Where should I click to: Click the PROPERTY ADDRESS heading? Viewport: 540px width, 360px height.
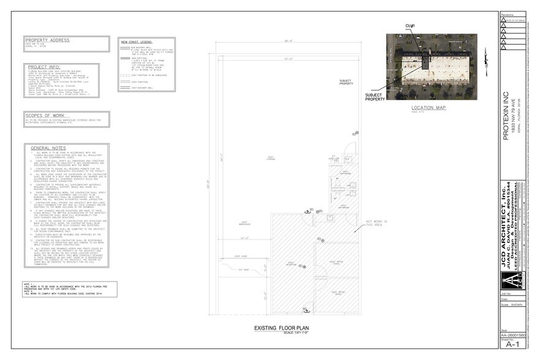[48, 40]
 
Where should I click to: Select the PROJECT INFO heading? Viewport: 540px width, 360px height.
[43, 67]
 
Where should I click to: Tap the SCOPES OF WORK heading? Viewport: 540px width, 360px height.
[45, 114]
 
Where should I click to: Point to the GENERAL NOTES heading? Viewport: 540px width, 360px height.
[49, 148]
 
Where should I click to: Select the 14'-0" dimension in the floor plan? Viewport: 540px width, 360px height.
[244, 238]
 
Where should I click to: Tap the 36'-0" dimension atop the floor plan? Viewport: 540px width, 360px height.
[287, 42]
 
